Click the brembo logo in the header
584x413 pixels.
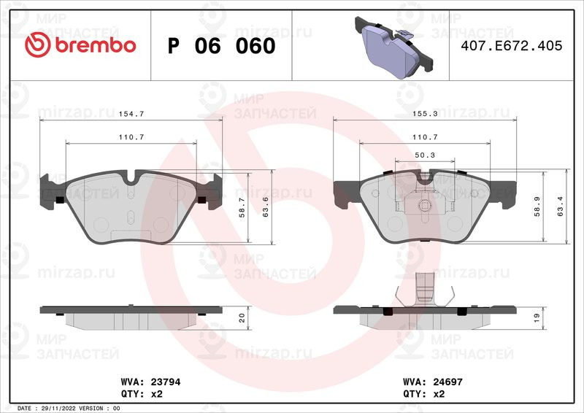[x=80, y=45]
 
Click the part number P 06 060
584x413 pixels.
[x=222, y=46]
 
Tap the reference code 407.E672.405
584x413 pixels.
[x=512, y=46]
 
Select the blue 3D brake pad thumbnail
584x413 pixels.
[x=393, y=48]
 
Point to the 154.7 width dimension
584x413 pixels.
[x=131, y=114]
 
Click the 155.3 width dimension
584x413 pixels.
[x=425, y=114]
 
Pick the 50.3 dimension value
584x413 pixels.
[x=425, y=155]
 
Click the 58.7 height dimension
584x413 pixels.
[x=242, y=207]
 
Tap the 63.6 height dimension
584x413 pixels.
[x=266, y=207]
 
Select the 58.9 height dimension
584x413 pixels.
[x=537, y=206]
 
